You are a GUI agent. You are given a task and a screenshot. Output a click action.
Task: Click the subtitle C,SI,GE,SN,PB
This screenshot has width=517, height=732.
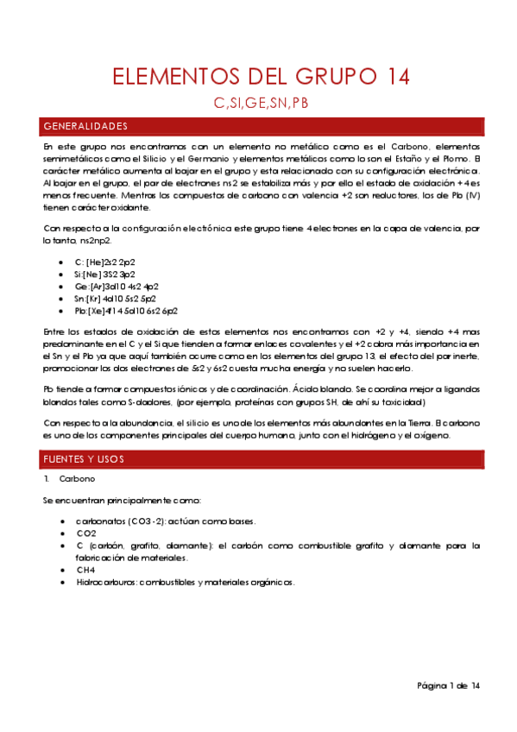click(261, 104)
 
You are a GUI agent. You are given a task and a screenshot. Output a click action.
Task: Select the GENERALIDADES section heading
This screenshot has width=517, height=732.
click(85, 127)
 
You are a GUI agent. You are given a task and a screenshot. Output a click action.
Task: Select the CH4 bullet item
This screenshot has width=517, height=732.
click(85, 570)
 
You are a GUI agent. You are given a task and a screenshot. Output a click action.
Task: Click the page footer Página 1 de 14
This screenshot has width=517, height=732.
click(448, 685)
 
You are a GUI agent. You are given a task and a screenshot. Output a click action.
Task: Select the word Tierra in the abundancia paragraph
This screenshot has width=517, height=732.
click(419, 422)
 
